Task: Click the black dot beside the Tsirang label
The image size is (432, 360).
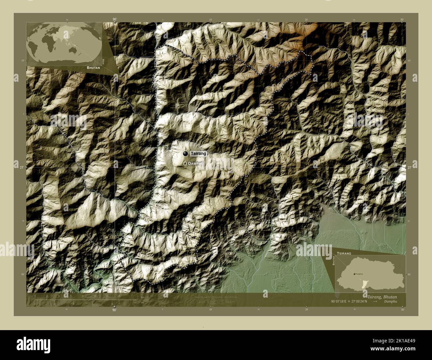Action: (185, 153)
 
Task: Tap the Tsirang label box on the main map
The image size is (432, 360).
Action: (199, 154)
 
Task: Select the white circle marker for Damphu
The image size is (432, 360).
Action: (185, 163)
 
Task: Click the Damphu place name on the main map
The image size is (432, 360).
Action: (196, 164)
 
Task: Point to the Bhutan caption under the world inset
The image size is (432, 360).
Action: (94, 67)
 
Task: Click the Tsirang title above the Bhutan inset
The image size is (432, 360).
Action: (345, 253)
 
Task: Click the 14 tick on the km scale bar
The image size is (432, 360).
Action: (119, 296)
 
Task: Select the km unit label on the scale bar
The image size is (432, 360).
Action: (143, 297)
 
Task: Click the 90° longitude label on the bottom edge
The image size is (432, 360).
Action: (114, 310)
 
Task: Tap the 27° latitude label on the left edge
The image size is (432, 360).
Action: (16, 167)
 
